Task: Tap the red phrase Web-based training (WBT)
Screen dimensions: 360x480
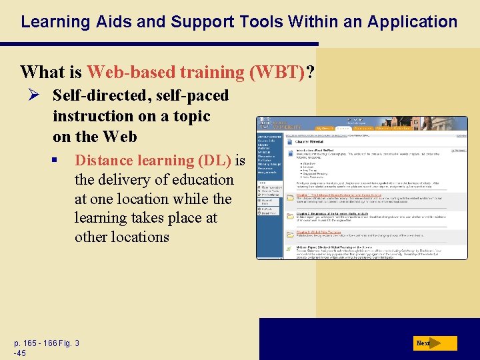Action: pyautogui.click(x=195, y=71)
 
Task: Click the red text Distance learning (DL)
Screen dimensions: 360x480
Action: pyautogui.click(x=153, y=161)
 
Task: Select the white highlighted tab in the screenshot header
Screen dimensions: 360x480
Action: pyautogui.click(x=343, y=127)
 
